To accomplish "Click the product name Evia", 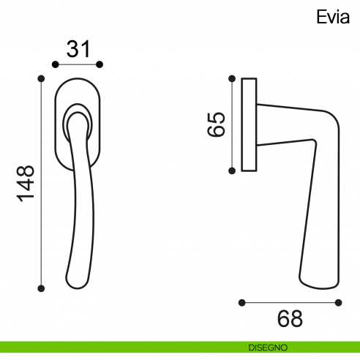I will (333, 16).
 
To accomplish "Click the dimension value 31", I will (78, 49).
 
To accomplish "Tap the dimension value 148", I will (25, 184).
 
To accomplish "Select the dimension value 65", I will (215, 124).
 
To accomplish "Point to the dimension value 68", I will (290, 319).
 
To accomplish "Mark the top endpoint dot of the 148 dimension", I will (42, 78).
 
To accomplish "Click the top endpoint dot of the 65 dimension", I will (233, 77).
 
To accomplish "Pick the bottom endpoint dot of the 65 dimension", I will (233, 170).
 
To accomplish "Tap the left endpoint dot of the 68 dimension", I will (242, 301).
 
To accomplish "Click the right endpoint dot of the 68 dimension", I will (336, 301).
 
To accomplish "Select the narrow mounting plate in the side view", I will (249, 124).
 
